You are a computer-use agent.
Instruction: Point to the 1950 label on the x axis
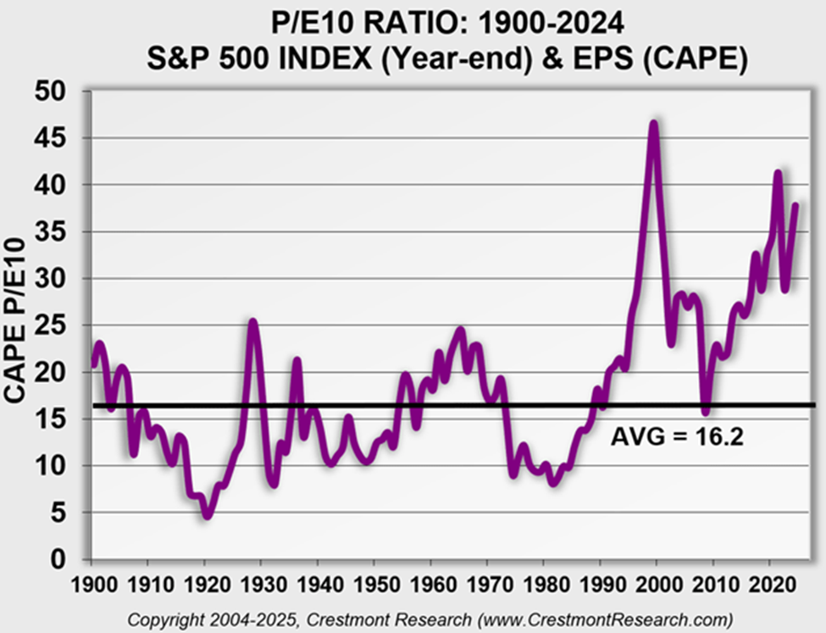point(374,584)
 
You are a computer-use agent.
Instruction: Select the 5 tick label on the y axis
point(64,513)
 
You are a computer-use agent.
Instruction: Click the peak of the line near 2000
point(653,124)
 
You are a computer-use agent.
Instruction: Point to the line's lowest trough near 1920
point(206,514)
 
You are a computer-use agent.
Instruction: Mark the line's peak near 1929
point(252,322)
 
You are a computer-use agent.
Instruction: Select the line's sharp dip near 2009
point(705,412)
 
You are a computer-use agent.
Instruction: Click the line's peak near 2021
point(778,174)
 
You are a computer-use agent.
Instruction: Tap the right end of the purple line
point(796,204)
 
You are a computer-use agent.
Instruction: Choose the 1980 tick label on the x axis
point(544,584)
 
